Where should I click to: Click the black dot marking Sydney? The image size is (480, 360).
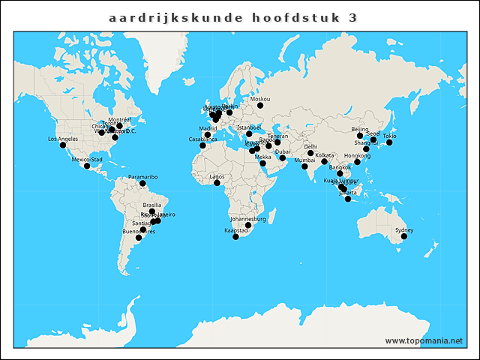[x=404, y=236]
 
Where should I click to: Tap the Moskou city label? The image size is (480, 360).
[x=260, y=99]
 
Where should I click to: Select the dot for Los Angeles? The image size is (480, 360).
[x=63, y=145]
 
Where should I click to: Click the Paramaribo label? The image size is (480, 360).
[x=142, y=177]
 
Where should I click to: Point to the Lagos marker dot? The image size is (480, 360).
[x=217, y=183]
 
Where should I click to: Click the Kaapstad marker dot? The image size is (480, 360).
[x=235, y=237]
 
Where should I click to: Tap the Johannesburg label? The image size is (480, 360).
[x=248, y=219]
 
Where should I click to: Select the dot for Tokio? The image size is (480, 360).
[x=389, y=142]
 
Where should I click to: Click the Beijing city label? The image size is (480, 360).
[x=360, y=130]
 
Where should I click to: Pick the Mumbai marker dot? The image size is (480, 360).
[x=304, y=166]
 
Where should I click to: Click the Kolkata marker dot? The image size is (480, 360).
[x=325, y=161]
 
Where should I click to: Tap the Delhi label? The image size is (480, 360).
[x=310, y=147]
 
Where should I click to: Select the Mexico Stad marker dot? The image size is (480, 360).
[x=87, y=166]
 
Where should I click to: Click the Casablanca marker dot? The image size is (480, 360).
[x=202, y=145]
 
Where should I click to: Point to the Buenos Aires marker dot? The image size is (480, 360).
[x=139, y=238]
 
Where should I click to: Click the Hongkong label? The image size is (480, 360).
[x=357, y=156]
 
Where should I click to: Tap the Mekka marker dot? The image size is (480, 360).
[x=262, y=163]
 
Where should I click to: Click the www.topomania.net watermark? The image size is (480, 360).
[x=424, y=340]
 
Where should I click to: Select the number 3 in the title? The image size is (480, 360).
[x=352, y=16]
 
